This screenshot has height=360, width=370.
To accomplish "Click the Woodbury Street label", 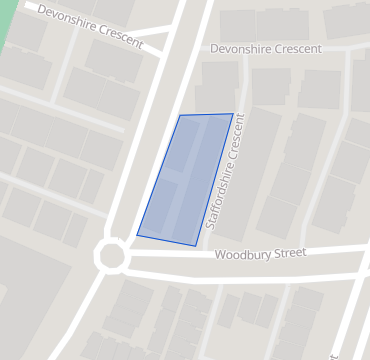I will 260,255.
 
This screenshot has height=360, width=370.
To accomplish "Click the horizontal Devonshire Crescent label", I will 266,49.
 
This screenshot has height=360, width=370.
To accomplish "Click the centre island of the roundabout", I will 111,256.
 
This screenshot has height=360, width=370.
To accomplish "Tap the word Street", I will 289,254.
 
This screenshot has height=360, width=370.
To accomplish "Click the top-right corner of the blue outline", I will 233,114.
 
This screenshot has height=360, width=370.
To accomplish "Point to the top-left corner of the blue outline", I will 180,116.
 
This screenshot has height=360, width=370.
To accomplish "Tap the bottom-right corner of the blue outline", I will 195,245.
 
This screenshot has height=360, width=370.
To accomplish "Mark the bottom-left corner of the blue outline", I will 137,235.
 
